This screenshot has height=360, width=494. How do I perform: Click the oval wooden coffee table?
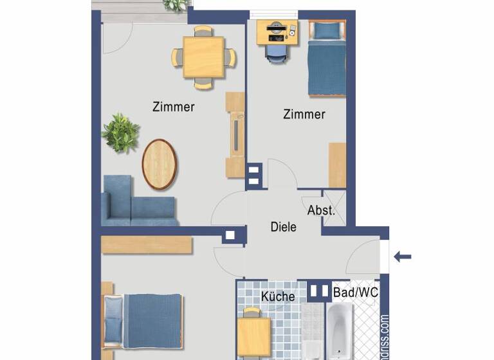[159, 165]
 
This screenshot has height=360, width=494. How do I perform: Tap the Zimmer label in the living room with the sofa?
[174, 107]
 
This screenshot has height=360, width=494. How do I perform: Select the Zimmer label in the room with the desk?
[304, 114]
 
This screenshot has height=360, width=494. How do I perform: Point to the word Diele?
[283, 226]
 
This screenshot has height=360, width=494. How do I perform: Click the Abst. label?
[320, 210]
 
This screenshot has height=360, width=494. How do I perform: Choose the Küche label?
[278, 296]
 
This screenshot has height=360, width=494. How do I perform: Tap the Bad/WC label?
[356, 292]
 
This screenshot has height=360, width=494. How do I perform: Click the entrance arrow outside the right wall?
[403, 257]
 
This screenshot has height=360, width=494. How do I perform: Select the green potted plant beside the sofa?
[120, 133]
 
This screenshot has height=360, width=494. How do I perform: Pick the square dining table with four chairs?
[203, 57]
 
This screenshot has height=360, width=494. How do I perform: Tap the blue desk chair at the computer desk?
[276, 53]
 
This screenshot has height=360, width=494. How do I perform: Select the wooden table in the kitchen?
[254, 336]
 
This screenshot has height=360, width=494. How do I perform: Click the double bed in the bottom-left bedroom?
[144, 321]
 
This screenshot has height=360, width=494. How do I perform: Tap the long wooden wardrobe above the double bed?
[147, 245]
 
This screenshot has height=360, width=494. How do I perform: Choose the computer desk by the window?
[277, 32]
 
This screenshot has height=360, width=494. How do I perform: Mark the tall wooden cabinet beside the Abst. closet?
[337, 165]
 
